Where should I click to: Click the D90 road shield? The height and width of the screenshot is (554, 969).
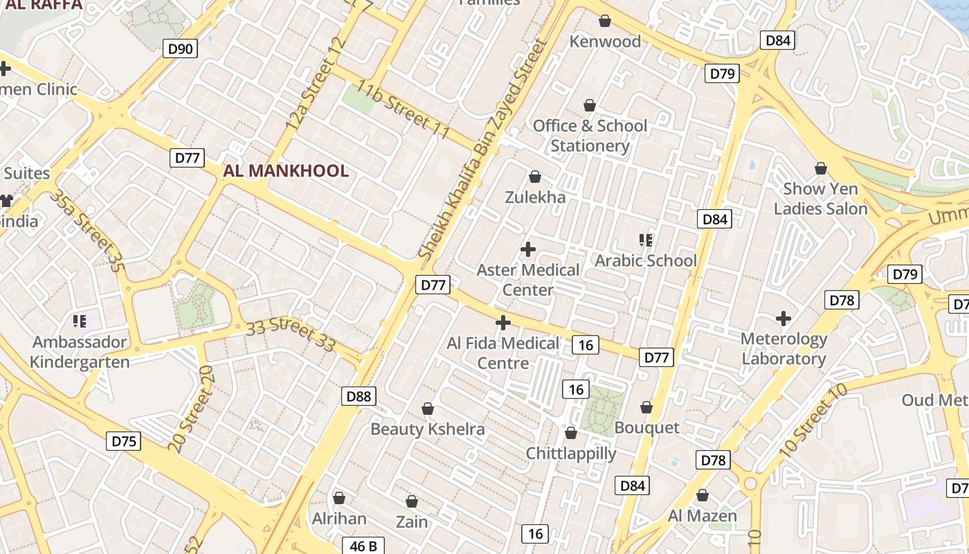coord(181,48)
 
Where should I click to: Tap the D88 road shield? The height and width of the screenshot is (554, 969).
coord(359,396)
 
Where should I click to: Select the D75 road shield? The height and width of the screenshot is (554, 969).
coord(124,441)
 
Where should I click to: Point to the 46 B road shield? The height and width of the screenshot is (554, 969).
coord(363,546)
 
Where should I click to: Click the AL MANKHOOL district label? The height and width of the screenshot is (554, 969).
coord(286,171)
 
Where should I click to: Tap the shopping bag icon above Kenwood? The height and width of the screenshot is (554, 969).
coord(605,21)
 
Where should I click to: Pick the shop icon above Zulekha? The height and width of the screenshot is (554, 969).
coord(534,177)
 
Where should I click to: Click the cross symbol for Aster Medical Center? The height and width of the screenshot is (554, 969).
coord(528,249)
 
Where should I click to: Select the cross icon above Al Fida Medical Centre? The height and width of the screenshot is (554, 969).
coord(503,323)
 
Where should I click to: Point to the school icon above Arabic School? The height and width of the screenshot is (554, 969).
coord(646,240)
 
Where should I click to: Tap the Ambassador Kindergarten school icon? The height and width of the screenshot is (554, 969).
coord(80,321)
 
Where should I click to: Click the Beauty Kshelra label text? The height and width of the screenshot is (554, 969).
coord(428,429)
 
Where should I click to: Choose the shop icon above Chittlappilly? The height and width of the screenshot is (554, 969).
coord(571,433)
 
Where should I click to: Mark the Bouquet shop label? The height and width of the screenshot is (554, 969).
coord(647,427)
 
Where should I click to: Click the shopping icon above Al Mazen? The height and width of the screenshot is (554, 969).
coord(703,495)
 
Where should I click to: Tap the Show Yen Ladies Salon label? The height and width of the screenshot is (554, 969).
coord(820,199)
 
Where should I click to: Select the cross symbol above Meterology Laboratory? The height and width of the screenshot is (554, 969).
coord(784,319)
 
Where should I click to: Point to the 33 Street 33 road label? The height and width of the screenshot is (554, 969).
coord(291,334)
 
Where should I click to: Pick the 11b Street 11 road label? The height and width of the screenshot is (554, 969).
coord(403,109)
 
